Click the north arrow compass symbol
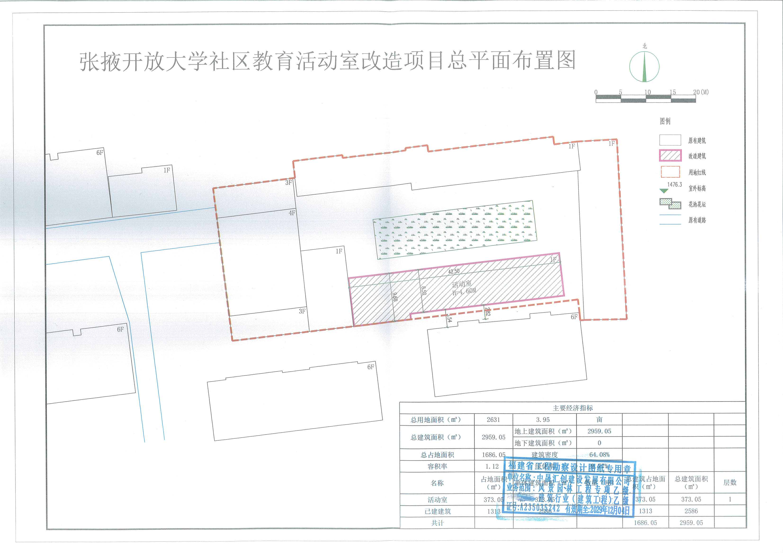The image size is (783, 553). [644, 67]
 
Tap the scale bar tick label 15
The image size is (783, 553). [672, 92]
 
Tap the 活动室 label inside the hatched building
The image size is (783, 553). [462, 284]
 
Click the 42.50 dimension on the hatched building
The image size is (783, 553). [454, 272]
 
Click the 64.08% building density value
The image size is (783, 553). [599, 455]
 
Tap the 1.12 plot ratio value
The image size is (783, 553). [492, 466]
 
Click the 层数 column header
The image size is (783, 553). [730, 483]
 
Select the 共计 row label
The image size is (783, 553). [437, 523]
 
